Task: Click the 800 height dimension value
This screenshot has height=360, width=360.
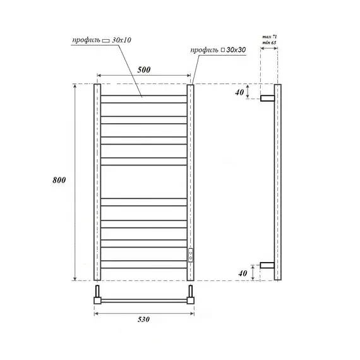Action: click(x=59, y=181)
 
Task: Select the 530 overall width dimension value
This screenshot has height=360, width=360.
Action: click(x=143, y=320)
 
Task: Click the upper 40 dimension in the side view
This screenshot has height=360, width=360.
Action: click(x=239, y=93)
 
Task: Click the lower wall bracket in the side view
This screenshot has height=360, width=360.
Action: click(x=268, y=266)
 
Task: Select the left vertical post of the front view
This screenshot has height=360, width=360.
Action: click(x=97, y=182)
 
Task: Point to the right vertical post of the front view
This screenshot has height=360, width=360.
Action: click(x=191, y=164)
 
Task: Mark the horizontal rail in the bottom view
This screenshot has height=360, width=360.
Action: click(x=144, y=301)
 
